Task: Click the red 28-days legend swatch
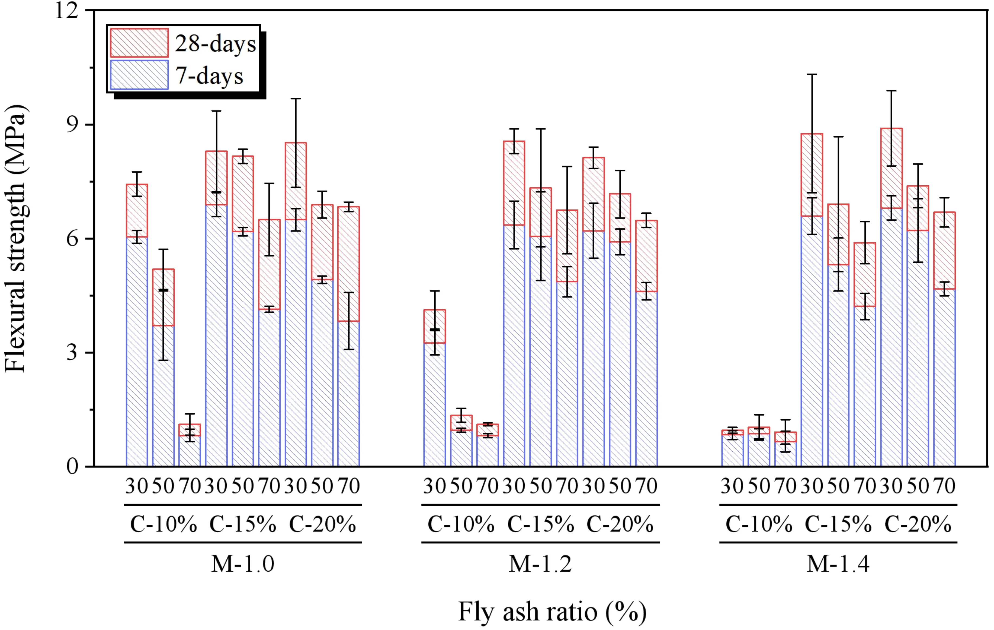(139, 43)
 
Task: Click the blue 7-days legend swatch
(139, 75)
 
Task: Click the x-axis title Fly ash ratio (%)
(552, 612)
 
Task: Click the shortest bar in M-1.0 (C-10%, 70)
(190, 450)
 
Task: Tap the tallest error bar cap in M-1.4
(812, 74)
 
